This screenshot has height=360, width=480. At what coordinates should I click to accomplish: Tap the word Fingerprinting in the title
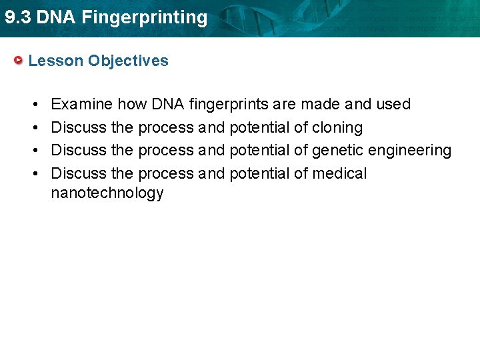tap(145, 18)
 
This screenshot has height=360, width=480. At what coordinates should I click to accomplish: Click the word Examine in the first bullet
tap(81, 104)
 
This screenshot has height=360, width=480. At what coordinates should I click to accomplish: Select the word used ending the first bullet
tap(393, 104)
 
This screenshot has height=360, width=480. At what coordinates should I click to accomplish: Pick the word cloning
tap(337, 127)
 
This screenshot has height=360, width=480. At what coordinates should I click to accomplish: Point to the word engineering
tap(409, 151)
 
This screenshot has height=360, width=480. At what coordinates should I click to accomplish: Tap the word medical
tap(339, 173)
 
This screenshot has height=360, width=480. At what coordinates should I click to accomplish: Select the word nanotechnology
tap(107, 193)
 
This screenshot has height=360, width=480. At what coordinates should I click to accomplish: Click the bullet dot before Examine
tap(33, 105)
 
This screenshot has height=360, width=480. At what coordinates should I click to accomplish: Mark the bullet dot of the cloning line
tap(33, 127)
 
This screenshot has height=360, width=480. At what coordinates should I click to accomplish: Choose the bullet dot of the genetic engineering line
tap(33, 151)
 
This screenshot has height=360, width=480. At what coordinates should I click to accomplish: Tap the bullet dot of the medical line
tap(33, 173)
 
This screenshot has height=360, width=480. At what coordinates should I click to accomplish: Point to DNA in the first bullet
tap(168, 104)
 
